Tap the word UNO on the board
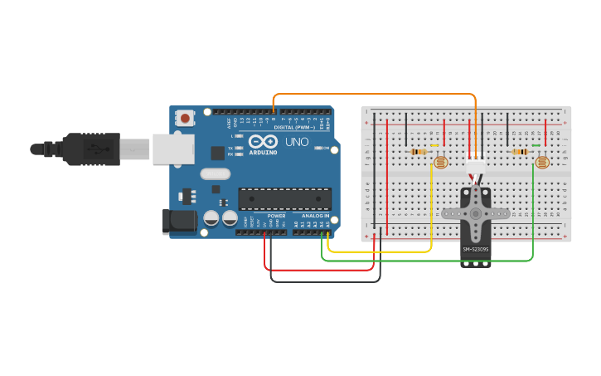[297, 142]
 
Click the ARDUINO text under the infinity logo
[264, 153]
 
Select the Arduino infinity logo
[263, 141]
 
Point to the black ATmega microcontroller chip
[284, 199]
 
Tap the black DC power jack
[178, 221]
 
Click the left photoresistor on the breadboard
[440, 162]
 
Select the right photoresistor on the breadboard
[542, 162]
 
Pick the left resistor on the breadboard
[419, 152]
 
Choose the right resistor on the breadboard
[521, 152]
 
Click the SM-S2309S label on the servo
[476, 249]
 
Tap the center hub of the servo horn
[476, 213]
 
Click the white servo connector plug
[476, 168]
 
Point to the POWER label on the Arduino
[276, 216]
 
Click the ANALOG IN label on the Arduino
[314, 216]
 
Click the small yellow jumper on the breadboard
[434, 144]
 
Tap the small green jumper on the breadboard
[536, 145]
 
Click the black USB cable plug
[91, 149]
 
